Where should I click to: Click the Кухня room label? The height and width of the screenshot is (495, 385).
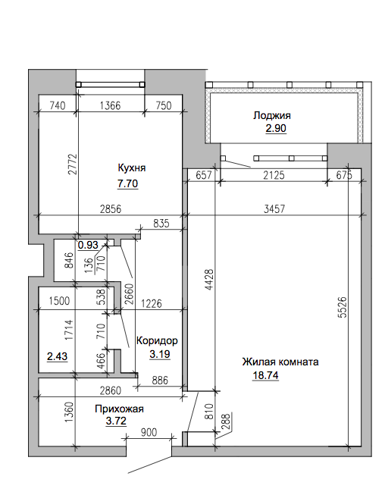(132, 168)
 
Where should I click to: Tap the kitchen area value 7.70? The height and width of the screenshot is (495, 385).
(127, 183)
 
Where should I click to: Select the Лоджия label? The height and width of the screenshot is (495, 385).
(272, 115)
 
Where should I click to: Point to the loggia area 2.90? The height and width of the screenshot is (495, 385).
(276, 128)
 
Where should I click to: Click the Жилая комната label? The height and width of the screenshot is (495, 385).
(280, 362)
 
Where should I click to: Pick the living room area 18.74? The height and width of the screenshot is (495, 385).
(265, 375)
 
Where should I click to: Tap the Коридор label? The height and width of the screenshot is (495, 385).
(157, 340)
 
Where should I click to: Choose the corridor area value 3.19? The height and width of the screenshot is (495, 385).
(160, 354)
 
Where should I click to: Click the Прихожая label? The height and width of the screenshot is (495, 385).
(119, 409)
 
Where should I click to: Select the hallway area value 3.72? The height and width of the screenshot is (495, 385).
(116, 421)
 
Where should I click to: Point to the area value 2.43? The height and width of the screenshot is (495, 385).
(57, 356)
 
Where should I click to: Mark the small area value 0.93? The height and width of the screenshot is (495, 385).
(88, 245)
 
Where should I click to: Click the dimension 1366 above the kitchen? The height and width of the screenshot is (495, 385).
(110, 105)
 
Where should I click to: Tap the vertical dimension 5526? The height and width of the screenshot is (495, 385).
(343, 307)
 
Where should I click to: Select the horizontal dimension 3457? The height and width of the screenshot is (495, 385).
(274, 208)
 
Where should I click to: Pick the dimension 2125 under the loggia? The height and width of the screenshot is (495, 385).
(274, 175)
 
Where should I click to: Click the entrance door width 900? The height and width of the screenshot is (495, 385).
(148, 432)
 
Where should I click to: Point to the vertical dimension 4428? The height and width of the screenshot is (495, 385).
(209, 280)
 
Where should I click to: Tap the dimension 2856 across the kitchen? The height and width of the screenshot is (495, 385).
(111, 208)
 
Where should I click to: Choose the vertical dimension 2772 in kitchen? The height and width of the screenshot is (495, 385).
(72, 164)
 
